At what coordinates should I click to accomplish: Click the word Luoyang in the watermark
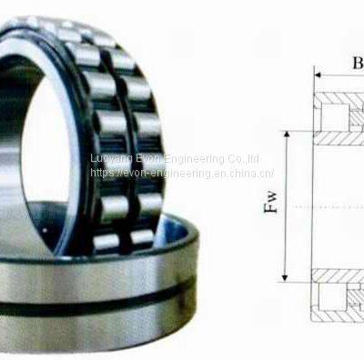point(112,159)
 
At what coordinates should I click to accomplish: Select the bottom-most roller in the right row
point(142,239)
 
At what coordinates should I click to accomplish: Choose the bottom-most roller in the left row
point(106,242)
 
